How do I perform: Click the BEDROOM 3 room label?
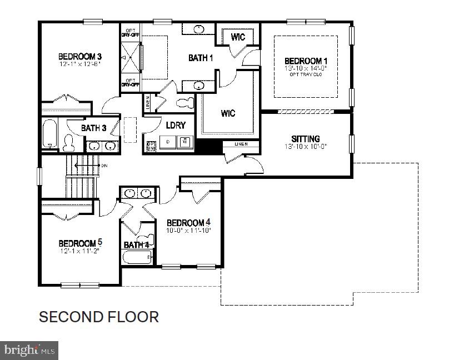click(x=80, y=57)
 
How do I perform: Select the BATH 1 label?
click(x=201, y=58)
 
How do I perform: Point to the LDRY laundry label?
click(x=175, y=125)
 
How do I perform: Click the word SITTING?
click(x=306, y=139)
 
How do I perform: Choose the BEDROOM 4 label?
click(x=188, y=222)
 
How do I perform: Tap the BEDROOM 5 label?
click(x=80, y=243)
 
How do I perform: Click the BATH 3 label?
click(x=93, y=128)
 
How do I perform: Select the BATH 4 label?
click(x=136, y=244)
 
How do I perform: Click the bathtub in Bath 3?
click(x=49, y=133)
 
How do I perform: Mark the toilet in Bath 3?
click(x=69, y=143)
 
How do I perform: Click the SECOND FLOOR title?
click(x=98, y=317)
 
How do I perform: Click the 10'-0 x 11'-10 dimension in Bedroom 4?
click(x=188, y=229)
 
